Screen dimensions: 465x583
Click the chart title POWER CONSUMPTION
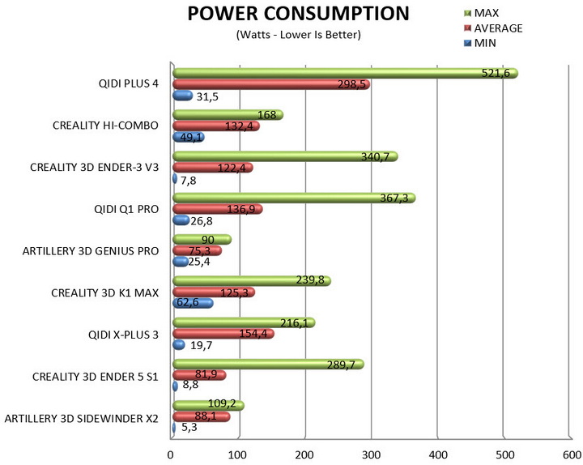coord(297,14)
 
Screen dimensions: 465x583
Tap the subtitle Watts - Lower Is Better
coord(298,35)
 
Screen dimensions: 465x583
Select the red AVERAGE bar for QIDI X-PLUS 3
coord(223,334)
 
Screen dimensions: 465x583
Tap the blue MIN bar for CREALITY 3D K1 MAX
coord(193,303)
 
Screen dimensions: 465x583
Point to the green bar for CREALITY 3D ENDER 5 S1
coord(268,365)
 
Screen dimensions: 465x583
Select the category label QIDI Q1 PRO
coord(127,209)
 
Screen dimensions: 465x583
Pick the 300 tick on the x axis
coord(371,454)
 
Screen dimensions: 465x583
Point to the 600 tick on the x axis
coord(569,454)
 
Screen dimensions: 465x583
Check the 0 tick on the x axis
coord(172,454)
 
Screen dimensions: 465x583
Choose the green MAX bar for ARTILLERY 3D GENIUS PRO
coord(202,240)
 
